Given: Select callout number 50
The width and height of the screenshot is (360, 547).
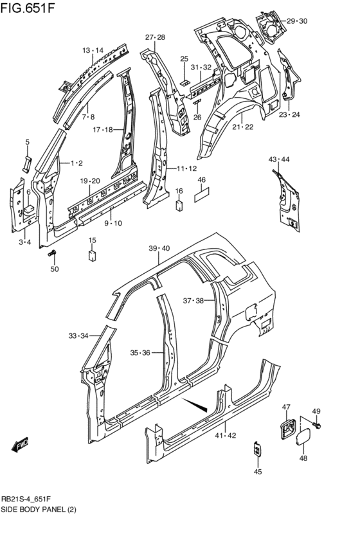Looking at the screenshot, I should tap(54, 269).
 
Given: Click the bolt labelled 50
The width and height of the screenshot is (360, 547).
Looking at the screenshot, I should tap(53, 255).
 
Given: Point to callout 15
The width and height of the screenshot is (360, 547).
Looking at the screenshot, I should tap(92, 240).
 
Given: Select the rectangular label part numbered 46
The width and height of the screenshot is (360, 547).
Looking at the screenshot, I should tap(201, 194).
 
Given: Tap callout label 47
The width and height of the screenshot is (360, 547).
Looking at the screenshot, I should tap(287, 407).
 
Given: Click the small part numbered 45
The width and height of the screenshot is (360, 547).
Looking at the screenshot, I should tap(257, 449).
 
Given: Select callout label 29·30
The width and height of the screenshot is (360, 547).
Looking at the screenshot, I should tap(297, 21).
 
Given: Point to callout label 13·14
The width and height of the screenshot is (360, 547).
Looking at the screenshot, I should tap(93, 50).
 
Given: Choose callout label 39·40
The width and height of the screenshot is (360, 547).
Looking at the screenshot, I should tap(159, 248).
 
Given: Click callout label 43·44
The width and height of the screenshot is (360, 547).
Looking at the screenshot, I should tap(279, 159).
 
